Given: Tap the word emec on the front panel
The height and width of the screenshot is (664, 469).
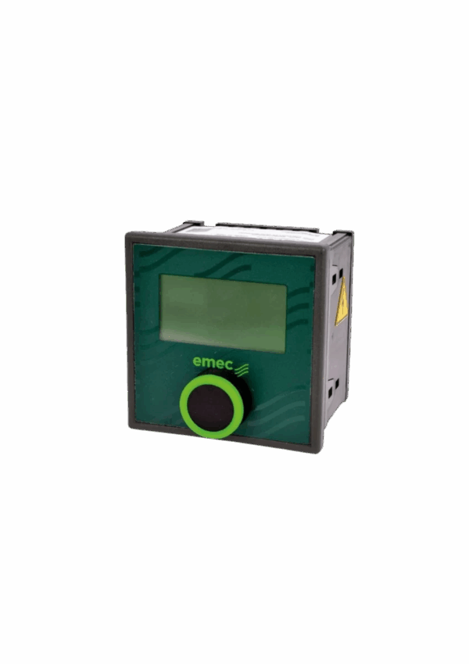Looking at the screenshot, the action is [x=213, y=362].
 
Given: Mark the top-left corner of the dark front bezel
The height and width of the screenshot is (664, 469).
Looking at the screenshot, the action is [x=126, y=233].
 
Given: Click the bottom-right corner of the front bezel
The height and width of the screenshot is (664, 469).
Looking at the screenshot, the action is [x=321, y=452].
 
